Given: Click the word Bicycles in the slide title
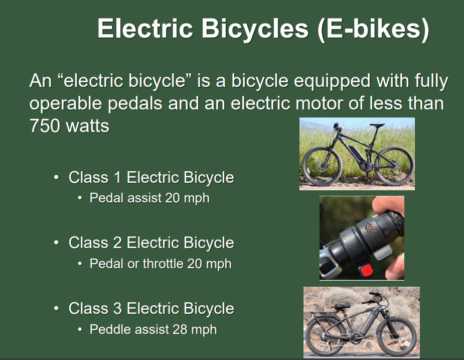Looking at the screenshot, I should [x=255, y=29].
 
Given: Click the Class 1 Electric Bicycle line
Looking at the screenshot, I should [x=151, y=177].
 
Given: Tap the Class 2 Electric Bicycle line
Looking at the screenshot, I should [x=151, y=243].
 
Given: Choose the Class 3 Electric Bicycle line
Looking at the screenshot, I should [x=151, y=308].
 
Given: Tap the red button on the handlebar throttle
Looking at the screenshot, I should [x=367, y=271].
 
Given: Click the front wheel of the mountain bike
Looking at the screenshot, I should [x=320, y=165].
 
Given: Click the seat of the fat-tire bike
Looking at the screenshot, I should [x=341, y=305].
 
